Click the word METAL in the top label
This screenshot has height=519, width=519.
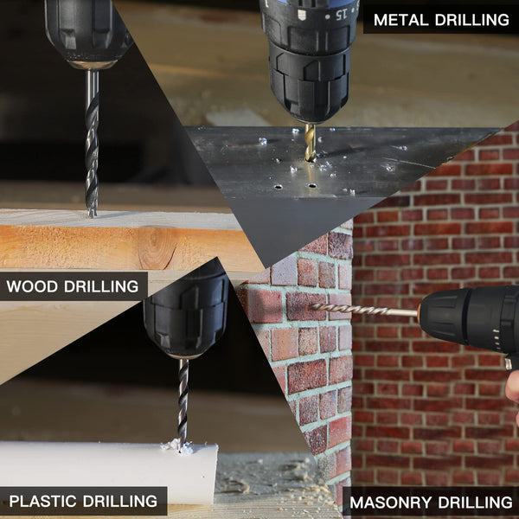tap(400, 20)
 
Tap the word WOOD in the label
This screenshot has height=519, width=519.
tap(32, 286)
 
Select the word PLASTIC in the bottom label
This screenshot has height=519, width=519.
tap(42, 501)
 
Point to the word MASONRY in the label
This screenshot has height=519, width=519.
tap(389, 502)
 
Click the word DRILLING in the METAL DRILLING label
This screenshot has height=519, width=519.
tap(472, 20)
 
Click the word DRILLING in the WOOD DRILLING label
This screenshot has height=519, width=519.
tap(101, 286)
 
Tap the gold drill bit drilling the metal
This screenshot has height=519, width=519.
tap(311, 143)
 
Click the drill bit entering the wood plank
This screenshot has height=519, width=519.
tap(92, 144)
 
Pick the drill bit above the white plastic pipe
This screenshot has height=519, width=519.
tap(183, 404)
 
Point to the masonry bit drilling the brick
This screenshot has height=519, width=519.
tap(363, 310)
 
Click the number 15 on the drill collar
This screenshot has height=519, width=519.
tap(341, 15)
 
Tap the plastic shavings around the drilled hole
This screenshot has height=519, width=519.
tap(177, 447)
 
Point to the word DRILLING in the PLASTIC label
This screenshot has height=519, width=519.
tap(120, 501)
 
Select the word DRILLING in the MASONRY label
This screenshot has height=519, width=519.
tap(475, 502)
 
